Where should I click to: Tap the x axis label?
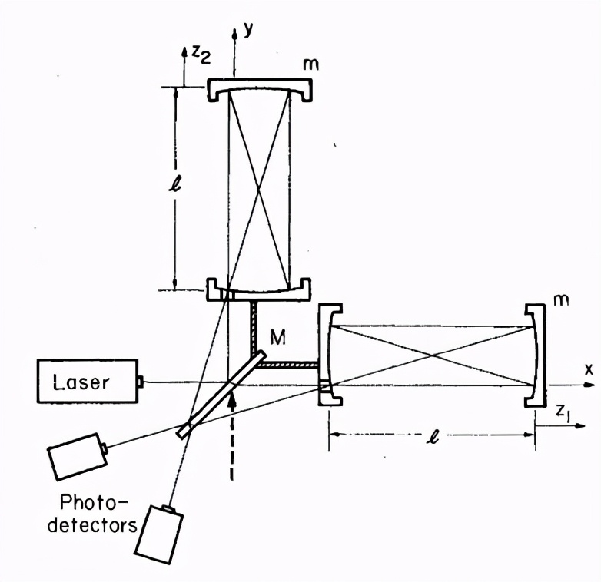(x=589, y=369)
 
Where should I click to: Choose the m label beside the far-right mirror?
(x=562, y=297)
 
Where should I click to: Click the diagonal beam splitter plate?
(x=222, y=394)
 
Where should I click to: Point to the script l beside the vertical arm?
(x=178, y=187)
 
